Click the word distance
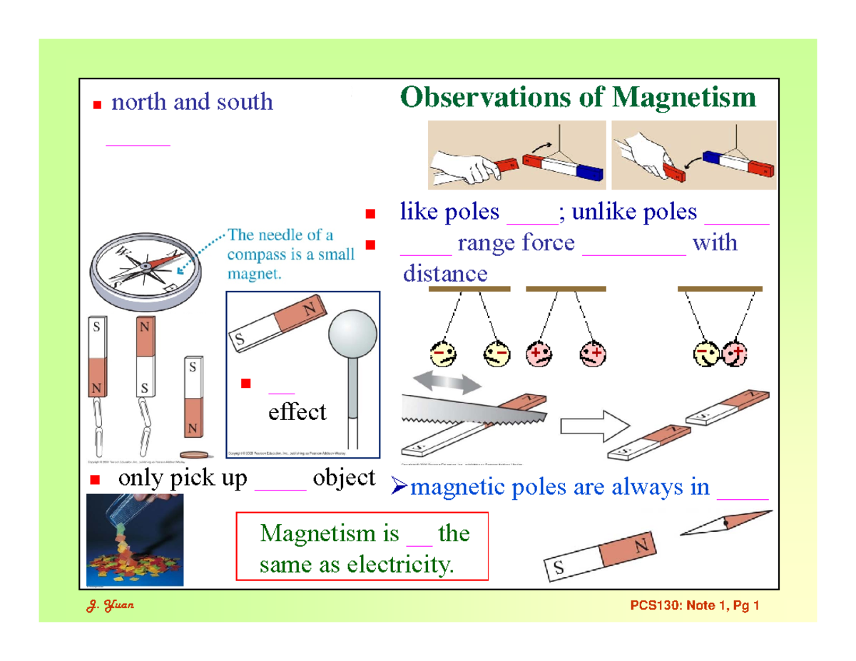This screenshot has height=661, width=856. [x=445, y=273]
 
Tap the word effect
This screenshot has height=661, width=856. [x=297, y=411]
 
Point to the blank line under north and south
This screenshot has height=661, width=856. [x=138, y=144]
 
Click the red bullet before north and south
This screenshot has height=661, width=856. [x=98, y=106]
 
